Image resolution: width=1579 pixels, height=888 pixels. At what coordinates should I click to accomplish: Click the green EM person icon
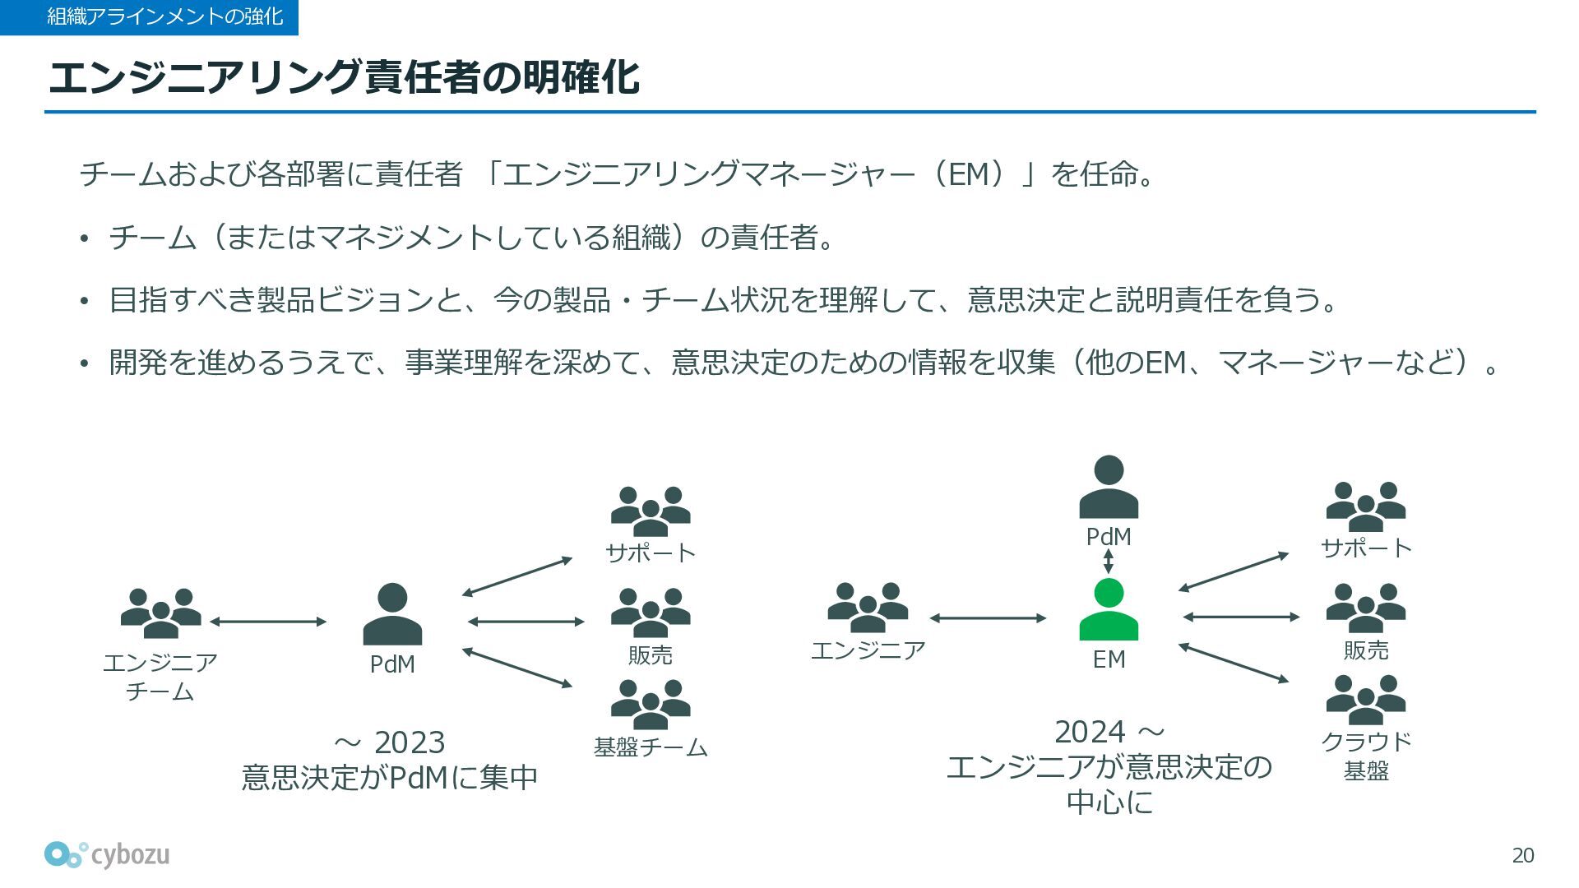coord(1109,609)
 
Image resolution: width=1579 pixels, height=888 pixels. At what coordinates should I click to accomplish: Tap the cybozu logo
coord(107,855)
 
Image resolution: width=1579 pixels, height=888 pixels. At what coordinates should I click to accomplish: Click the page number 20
coord(1523,856)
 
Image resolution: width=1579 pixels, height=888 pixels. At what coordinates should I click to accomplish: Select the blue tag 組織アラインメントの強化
coord(149,17)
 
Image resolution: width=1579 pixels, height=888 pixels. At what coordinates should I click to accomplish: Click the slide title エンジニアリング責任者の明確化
coord(344,77)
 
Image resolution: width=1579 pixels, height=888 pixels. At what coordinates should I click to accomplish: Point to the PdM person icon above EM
coord(1109,487)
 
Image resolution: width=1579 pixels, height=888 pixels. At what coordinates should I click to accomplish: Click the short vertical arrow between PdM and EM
coord(1109,561)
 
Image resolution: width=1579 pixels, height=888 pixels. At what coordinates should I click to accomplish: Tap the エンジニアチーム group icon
coord(161,613)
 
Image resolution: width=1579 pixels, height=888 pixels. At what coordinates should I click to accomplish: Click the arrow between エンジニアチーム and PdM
coord(268,622)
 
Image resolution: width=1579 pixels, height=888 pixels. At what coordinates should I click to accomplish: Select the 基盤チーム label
coord(651,747)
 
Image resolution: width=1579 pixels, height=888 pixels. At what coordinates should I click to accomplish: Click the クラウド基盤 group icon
coord(1366,700)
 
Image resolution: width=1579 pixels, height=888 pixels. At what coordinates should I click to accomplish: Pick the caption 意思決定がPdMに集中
coord(390,777)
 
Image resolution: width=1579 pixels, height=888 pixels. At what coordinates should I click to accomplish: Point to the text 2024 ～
coord(1109,732)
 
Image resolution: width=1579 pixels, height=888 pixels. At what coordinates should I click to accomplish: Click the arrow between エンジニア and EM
coord(988,617)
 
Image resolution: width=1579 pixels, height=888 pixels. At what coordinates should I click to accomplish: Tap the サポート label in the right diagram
coord(1366,548)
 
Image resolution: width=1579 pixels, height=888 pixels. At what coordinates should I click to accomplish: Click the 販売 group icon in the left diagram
coord(651,613)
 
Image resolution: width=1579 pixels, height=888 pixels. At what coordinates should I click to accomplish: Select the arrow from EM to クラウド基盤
coord(1234,663)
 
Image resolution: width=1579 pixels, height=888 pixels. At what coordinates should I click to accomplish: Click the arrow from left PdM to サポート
coord(516,576)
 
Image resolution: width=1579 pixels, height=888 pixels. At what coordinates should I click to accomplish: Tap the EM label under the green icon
coord(1109,659)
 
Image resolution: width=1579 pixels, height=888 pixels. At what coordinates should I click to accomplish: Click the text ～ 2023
coord(390,742)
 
